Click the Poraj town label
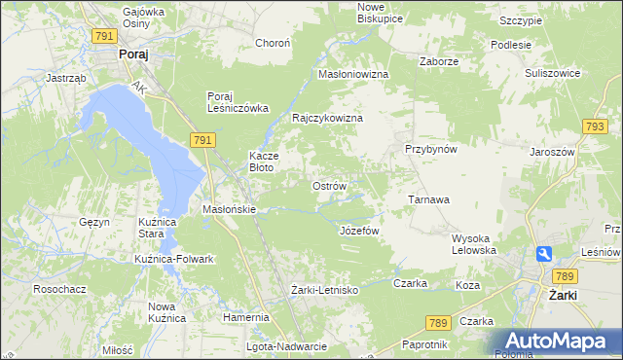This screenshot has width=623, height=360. click(133, 55)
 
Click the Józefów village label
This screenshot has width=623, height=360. click(357, 231)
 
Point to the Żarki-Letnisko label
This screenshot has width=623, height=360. click(325, 290)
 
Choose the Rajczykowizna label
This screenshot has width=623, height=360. click(328, 118)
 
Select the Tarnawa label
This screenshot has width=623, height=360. click(427, 199)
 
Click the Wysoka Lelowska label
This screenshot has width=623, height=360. click(475, 244)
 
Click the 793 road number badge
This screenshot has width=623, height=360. click(596, 126)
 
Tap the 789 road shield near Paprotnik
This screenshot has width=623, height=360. click(438, 322)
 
